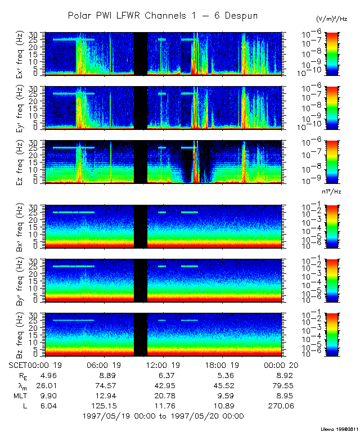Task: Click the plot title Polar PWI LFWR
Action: [163, 16]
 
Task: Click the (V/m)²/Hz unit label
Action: [331, 20]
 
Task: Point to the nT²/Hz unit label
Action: [332, 192]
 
